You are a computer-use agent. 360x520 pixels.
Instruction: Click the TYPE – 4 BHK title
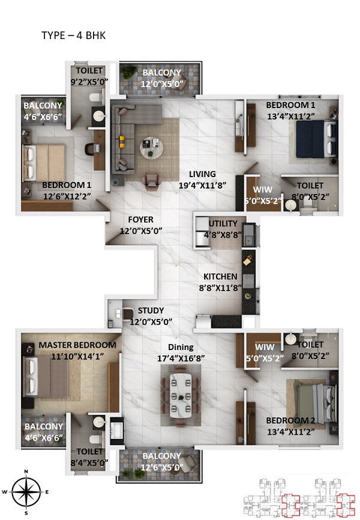pyautogui.click(x=74, y=35)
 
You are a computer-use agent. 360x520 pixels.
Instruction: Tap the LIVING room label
pyautogui.click(x=202, y=174)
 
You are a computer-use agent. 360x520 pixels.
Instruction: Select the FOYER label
pyautogui.click(x=141, y=220)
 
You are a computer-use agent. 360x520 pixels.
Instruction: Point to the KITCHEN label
pyautogui.click(x=220, y=277)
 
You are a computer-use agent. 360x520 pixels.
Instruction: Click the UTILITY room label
pyautogui.click(x=223, y=223)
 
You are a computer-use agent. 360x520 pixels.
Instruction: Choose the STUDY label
pyautogui.click(x=151, y=311)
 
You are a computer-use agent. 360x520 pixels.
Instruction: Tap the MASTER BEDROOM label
pyautogui.click(x=77, y=345)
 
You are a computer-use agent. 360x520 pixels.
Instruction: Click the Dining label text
pyautogui.click(x=181, y=347)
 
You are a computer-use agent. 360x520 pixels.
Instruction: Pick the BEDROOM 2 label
pyautogui.click(x=290, y=421)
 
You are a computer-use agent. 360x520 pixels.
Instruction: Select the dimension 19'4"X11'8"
pyautogui.click(x=203, y=186)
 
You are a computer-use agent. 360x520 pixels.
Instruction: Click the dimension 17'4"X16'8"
pyautogui.click(x=181, y=358)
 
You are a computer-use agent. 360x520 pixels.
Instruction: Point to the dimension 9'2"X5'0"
pyautogui.click(x=89, y=82)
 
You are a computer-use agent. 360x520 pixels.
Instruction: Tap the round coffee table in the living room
pyautogui.click(x=151, y=147)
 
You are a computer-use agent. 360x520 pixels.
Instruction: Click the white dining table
pyautogui.click(x=181, y=395)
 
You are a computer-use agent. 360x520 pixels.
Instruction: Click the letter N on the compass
pyautogui.click(x=26, y=471)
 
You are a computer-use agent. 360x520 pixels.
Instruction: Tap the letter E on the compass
pyautogui.click(x=47, y=492)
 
